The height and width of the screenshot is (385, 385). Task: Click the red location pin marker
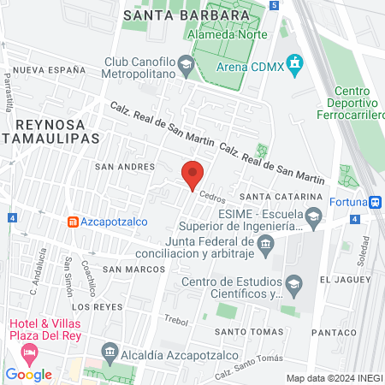(x=192, y=175)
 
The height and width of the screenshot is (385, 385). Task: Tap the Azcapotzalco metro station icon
(x=74, y=222)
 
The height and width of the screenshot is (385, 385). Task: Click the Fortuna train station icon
(x=375, y=203)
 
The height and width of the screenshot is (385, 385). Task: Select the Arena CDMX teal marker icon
(x=295, y=62)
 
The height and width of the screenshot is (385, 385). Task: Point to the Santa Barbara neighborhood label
(x=175, y=15)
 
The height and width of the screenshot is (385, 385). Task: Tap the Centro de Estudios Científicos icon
(x=293, y=283)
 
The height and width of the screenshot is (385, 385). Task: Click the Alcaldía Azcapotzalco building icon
(x=109, y=352)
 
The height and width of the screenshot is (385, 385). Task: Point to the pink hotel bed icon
(x=29, y=352)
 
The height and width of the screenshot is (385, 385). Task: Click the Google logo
(x=28, y=374)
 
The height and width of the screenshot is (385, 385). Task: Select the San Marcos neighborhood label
(x=133, y=269)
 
